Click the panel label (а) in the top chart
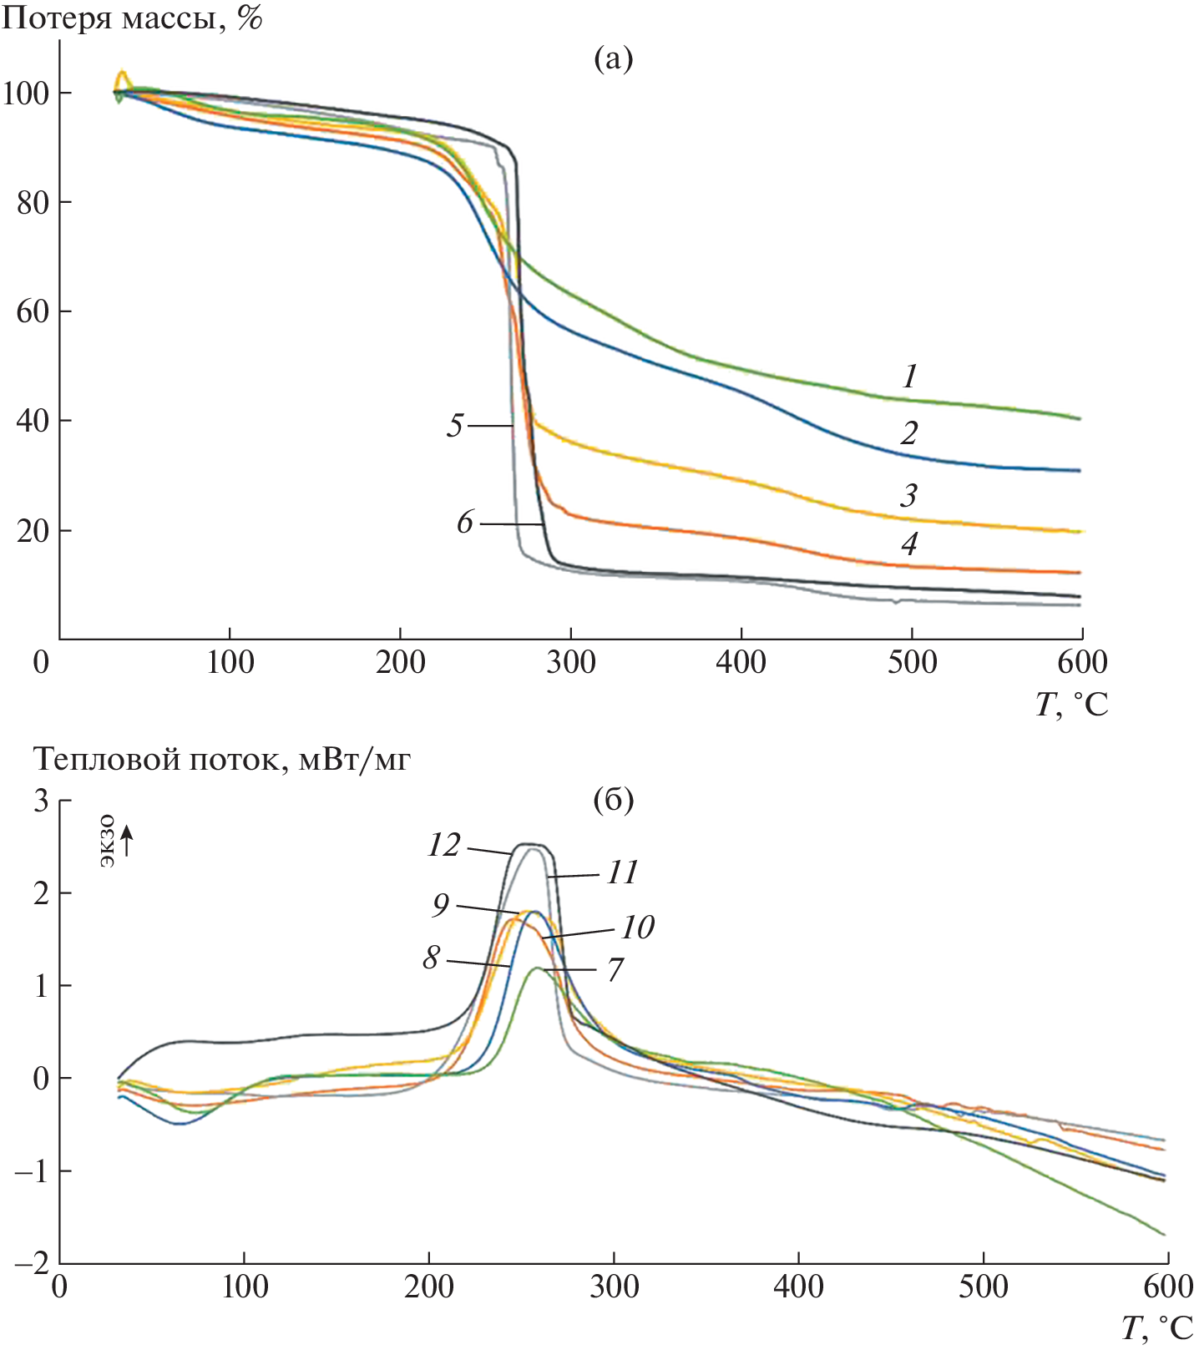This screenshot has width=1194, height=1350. pos(613,59)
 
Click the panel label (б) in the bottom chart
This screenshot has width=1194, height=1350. pos(613,801)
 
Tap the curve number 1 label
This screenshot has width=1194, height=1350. pos(910,377)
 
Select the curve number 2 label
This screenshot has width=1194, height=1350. pos(909,432)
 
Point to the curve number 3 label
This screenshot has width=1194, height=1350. pos(909,496)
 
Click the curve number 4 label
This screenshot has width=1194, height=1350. pos(909,544)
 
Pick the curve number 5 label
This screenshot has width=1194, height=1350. pos(454,426)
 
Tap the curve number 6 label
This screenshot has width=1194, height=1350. pos(465,523)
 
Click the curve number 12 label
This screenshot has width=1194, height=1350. pos(443,846)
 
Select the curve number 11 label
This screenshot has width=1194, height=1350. pos(622,873)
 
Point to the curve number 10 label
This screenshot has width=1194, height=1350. pos(637,928)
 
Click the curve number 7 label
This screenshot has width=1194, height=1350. pos(615,970)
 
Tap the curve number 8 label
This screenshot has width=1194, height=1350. pos(431,958)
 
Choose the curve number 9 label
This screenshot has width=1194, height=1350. pos(441,905)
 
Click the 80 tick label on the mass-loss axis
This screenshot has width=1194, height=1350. pos(33,203)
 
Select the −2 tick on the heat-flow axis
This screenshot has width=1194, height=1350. pos(32,1263)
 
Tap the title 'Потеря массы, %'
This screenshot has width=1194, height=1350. pos(132,18)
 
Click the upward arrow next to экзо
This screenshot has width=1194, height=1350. pos(127,840)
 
